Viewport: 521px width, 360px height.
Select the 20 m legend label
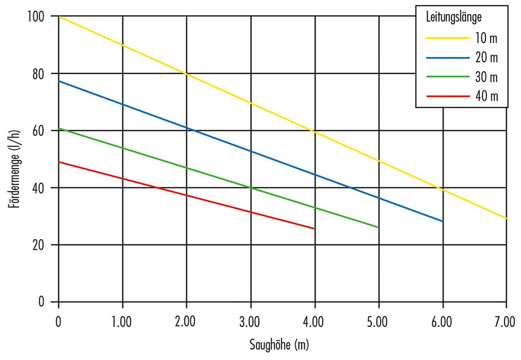click(x=486, y=57)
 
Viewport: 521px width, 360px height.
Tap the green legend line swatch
click(x=447, y=77)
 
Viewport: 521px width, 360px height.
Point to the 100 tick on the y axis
click(x=38, y=16)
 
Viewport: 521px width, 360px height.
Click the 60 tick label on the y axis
click(x=41, y=131)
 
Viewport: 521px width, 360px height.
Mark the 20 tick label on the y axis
click(x=41, y=245)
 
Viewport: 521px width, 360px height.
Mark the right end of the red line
click(x=315, y=228)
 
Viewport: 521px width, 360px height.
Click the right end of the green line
click(x=379, y=227)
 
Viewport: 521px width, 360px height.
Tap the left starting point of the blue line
click(x=59, y=81)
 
